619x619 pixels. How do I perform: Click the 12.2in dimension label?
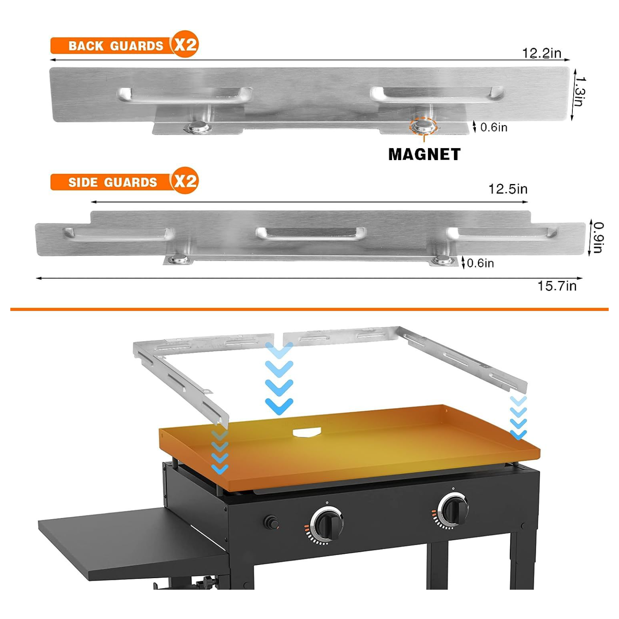coord(541,53)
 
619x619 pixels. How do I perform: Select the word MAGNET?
coord(424,154)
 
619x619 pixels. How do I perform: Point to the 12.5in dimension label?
coord(508,189)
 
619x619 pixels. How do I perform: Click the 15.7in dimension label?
coord(557,286)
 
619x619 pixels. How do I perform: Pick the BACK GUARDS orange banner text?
coord(116,46)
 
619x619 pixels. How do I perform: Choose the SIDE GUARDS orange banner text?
coord(113,182)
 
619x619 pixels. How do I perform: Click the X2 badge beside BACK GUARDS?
coord(185,44)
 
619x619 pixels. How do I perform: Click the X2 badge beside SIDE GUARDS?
coord(185,181)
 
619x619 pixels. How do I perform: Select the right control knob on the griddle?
coord(453,509)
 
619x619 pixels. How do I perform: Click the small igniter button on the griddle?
coord(271,523)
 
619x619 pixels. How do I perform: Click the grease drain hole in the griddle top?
coord(307,432)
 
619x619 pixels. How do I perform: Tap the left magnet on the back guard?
coord(198,127)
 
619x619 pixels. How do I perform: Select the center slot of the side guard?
coord(311,233)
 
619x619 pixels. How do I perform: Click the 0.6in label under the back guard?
coord(494,128)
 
